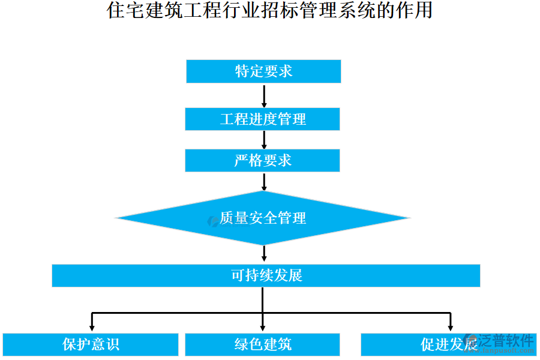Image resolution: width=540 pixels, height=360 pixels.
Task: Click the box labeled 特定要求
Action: click(263, 71)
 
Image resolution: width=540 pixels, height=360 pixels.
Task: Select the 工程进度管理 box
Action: click(262, 119)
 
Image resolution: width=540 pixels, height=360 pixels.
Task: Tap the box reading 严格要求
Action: click(262, 160)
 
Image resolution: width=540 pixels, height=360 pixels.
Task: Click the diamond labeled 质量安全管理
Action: click(263, 218)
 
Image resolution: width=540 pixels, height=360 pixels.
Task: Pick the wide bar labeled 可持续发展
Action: click(266, 275)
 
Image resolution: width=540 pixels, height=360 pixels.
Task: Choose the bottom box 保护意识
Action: click(91, 344)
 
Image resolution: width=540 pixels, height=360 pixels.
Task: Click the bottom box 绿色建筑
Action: click(262, 344)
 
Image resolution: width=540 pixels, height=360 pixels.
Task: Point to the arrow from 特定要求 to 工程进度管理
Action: click(263, 95)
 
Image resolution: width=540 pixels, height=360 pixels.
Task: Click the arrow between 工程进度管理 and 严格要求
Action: click(263, 139)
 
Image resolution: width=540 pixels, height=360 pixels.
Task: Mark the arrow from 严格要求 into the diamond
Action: click(263, 181)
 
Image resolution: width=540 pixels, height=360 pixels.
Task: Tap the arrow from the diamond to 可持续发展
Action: click(263, 254)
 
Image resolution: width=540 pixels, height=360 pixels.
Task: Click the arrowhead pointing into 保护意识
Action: click(91, 326)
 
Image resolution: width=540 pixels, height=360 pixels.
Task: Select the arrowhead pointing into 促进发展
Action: click(451, 326)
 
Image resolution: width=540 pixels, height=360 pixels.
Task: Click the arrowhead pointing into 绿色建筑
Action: click(263, 326)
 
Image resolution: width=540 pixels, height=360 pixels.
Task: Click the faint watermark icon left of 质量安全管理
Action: click(212, 221)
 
